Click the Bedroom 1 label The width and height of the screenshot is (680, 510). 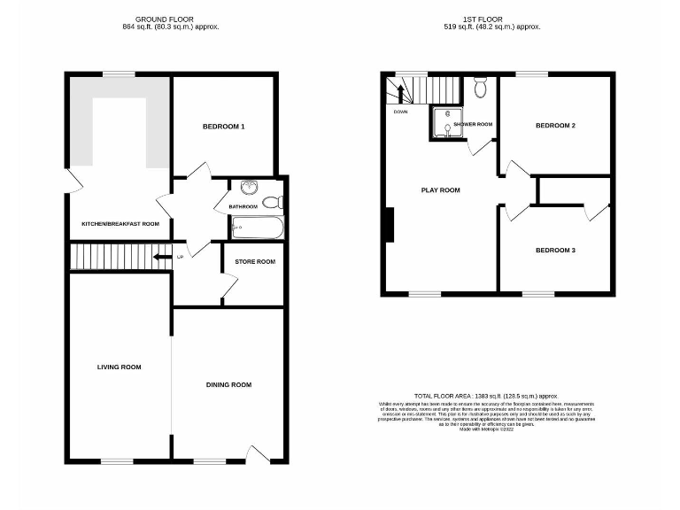[223, 127]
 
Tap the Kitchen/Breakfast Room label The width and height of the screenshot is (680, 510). [120, 224]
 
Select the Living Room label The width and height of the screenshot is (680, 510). [120, 367]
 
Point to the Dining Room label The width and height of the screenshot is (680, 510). [228, 384]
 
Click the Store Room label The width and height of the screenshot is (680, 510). [254, 262]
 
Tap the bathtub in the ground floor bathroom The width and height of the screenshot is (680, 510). [257, 228]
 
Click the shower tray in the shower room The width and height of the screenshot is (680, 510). [441, 124]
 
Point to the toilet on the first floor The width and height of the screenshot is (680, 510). [480, 87]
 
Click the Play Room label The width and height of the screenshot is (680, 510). [440, 189]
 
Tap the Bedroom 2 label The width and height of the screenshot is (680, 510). [555, 126]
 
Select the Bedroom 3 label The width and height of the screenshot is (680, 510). [555, 251]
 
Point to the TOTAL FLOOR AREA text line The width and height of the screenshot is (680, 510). [485, 396]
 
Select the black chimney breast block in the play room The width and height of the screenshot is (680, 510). [388, 224]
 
